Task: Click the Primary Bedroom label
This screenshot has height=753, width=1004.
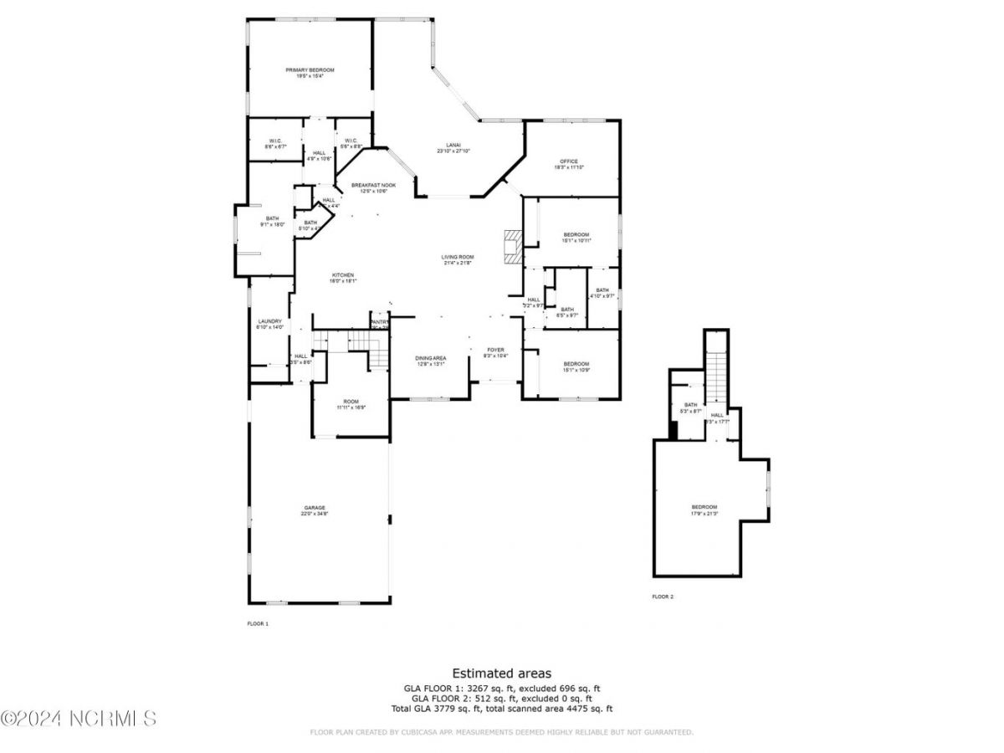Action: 310,70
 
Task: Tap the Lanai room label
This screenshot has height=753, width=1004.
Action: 453,148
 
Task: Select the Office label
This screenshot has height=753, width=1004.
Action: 569,161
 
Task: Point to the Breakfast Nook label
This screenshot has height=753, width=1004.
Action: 373,186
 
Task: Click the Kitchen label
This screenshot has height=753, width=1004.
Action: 343,275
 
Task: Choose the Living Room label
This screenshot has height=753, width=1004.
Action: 458,257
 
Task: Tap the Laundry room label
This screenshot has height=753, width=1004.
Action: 269,321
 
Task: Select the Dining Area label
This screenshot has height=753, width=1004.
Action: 430,359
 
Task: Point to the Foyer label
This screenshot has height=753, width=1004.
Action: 496,351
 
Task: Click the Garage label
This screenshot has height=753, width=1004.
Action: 315,508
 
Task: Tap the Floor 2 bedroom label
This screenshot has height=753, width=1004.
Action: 704,507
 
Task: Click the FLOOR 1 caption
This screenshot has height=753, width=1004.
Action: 258,623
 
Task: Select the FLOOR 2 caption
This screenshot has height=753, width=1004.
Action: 663,597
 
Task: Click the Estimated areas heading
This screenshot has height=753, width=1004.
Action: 501,673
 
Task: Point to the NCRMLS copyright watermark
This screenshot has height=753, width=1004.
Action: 79,718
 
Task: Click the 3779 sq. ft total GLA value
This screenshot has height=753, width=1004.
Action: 474,709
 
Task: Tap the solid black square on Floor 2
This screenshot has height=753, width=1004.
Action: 673,429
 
